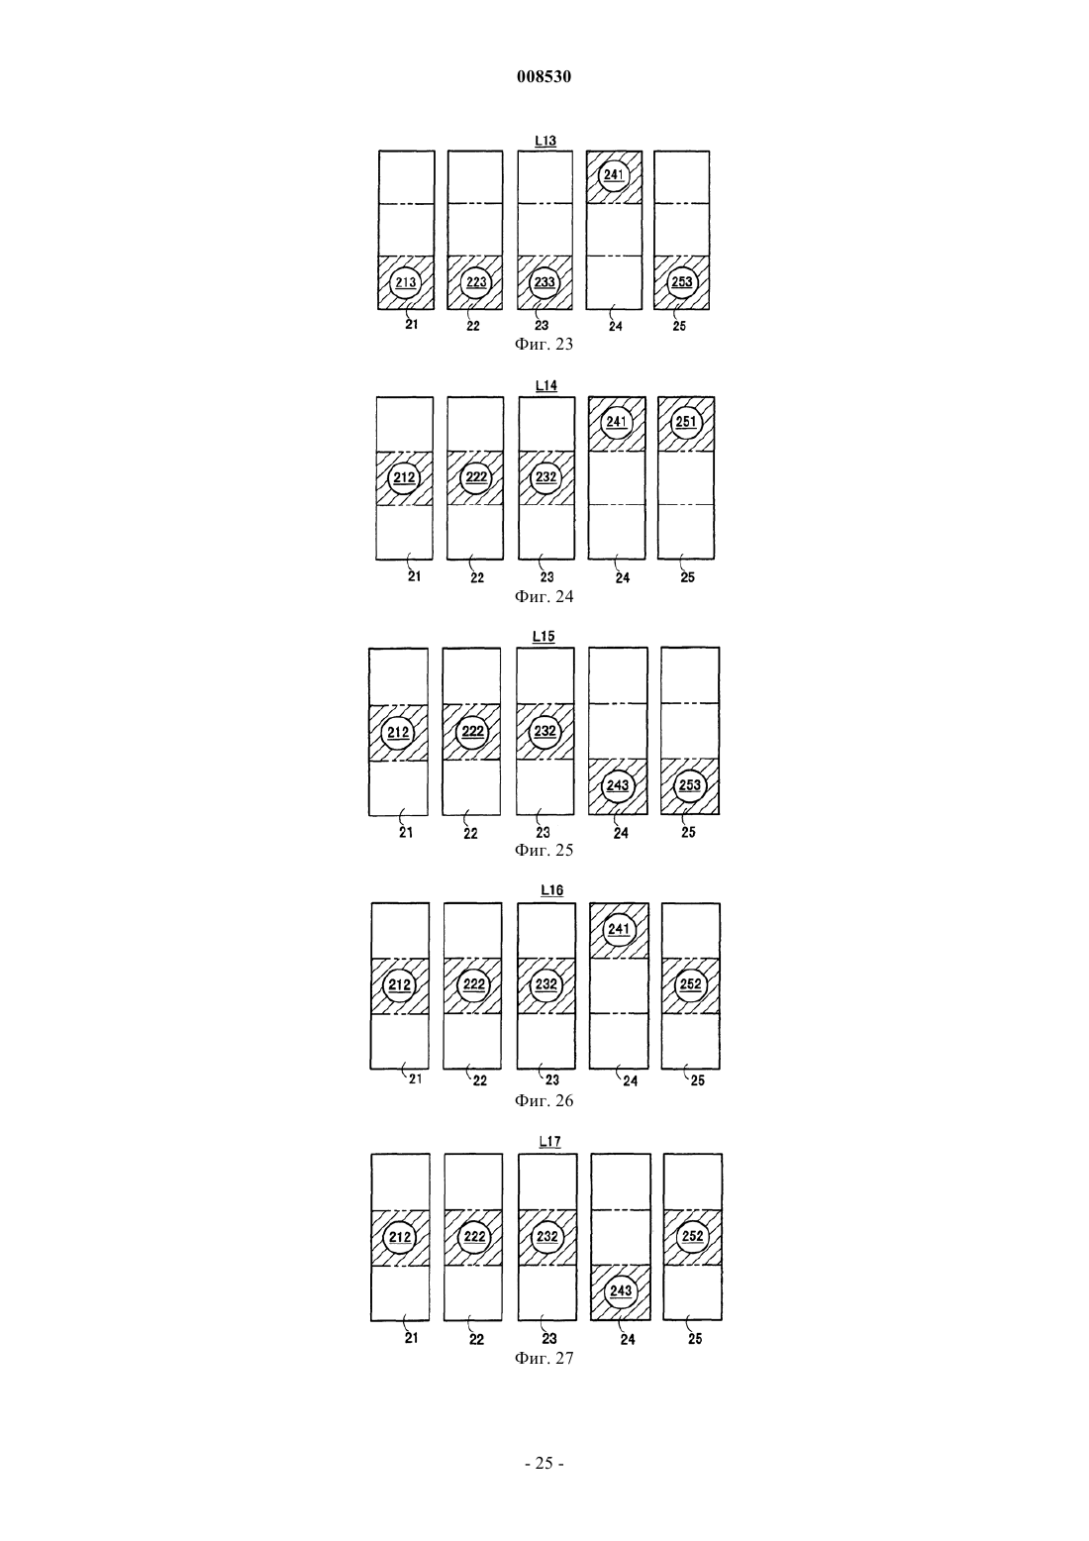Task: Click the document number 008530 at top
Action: click(x=544, y=76)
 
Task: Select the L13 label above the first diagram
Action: click(x=545, y=141)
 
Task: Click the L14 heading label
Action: click(x=545, y=386)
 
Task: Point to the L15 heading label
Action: click(x=544, y=637)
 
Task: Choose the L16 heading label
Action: click(x=552, y=890)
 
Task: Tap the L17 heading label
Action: click(x=550, y=1141)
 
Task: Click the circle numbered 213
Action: click(x=406, y=282)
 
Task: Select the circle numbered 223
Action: click(x=476, y=282)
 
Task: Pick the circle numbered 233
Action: click(x=544, y=282)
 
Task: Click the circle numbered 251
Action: click(x=686, y=422)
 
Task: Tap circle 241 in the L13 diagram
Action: click(x=613, y=174)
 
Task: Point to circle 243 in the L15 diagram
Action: click(x=618, y=785)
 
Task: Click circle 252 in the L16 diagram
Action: click(x=690, y=984)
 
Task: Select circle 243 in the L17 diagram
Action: click(x=620, y=1290)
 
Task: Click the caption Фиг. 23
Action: click(x=544, y=344)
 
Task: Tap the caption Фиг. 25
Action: click(x=544, y=851)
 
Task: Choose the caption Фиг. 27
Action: click(x=544, y=1358)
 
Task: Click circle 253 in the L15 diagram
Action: click(x=690, y=785)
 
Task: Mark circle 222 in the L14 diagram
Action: click(x=476, y=477)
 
